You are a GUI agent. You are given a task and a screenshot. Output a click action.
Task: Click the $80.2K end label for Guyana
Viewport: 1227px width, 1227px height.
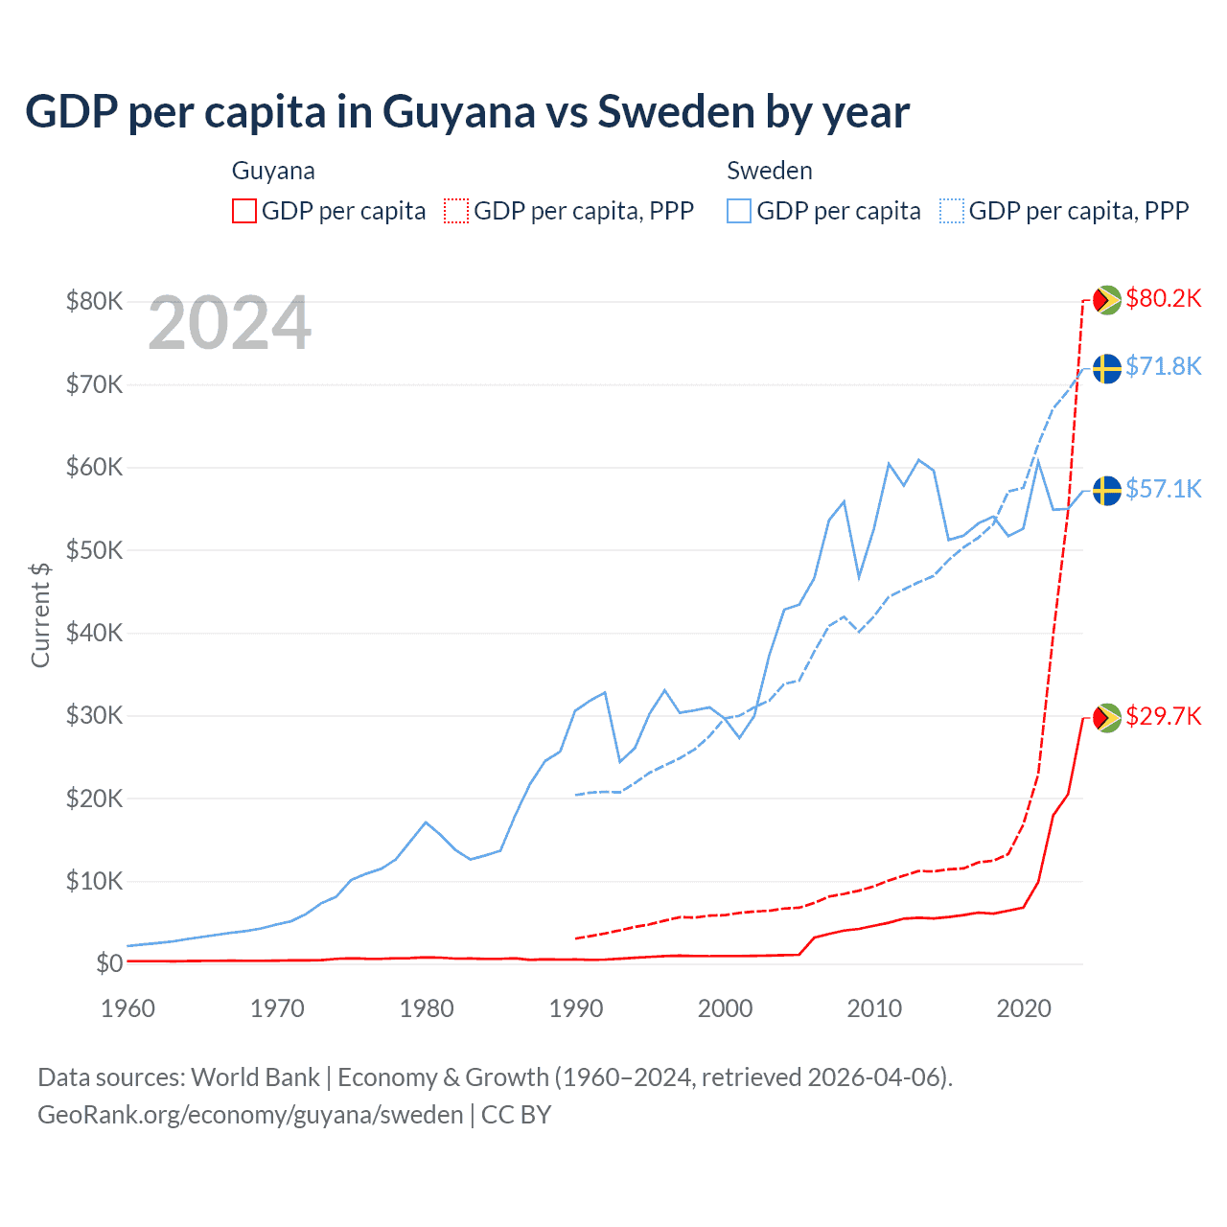(1163, 298)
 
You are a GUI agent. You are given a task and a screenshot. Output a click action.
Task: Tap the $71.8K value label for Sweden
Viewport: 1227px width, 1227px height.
(1163, 366)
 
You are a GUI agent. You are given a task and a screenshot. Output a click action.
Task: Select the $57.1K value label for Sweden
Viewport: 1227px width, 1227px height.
(1163, 489)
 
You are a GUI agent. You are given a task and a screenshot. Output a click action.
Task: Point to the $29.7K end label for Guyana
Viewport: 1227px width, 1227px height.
(1163, 716)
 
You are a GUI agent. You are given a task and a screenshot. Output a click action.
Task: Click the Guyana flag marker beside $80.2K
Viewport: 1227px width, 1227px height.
(1107, 300)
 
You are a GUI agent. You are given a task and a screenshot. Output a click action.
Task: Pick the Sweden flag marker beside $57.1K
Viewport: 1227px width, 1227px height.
(1107, 491)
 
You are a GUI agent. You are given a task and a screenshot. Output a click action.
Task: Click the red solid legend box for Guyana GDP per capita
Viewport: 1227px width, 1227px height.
(244, 211)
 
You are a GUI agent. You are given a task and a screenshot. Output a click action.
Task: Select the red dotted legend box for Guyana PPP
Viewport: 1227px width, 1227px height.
(456, 211)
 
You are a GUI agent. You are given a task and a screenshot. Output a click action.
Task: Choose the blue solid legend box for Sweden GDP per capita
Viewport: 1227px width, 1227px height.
(739, 211)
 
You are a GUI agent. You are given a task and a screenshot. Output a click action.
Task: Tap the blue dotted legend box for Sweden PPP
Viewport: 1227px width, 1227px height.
(952, 211)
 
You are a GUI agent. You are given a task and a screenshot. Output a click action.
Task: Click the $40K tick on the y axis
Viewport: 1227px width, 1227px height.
(94, 633)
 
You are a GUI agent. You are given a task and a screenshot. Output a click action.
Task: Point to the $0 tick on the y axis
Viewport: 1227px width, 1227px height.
(109, 963)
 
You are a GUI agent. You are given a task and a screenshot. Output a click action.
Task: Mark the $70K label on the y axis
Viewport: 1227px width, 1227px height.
(94, 384)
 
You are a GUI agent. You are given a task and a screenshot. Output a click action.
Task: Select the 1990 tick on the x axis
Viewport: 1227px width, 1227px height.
(576, 1008)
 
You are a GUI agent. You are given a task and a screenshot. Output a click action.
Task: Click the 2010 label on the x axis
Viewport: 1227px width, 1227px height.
(874, 1008)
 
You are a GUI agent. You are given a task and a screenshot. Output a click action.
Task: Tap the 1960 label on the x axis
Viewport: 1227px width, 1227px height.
(128, 1008)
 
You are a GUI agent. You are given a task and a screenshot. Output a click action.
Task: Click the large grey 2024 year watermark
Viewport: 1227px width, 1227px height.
(230, 323)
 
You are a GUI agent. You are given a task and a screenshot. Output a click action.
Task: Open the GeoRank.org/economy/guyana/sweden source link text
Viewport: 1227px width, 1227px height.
(250, 1115)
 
